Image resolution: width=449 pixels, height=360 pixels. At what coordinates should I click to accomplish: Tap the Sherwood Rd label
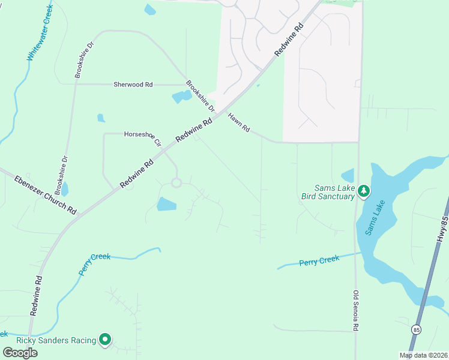coord(133,85)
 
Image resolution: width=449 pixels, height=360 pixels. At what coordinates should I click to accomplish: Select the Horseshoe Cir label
coord(143,139)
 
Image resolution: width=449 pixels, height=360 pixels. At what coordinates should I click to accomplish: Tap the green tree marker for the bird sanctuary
coord(363,191)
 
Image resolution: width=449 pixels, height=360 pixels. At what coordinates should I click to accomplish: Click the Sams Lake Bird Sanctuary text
coord(328,192)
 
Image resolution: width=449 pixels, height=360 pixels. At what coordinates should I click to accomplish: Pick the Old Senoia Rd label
coord(356,311)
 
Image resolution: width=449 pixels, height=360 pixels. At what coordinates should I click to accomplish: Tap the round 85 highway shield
coord(416,329)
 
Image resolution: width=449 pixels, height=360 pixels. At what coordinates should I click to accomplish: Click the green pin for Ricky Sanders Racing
coord(105,340)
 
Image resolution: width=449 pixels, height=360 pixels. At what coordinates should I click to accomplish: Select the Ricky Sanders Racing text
coord(56,340)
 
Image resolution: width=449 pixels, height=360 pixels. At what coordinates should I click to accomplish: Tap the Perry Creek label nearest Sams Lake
coord(319,260)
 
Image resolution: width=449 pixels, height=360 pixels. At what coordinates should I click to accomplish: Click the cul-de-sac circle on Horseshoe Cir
coord(176,182)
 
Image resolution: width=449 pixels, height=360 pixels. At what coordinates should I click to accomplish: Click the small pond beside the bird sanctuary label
coord(348,175)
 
